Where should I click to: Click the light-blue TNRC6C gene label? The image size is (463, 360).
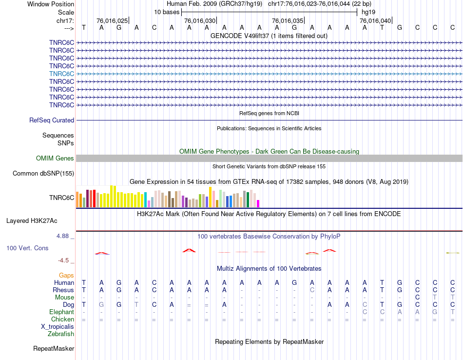tap(61, 74)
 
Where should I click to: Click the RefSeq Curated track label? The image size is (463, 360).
tap(52, 120)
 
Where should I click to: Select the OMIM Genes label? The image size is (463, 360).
tap(55, 158)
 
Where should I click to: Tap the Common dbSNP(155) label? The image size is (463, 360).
tap(43, 173)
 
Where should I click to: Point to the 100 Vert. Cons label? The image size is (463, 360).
tap(27, 248)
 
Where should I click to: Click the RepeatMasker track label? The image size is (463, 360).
tap(54, 349)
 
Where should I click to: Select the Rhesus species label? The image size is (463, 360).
tap(63, 290)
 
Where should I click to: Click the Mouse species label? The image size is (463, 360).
tap(64, 297)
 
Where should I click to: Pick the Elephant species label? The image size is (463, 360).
tap(61, 312)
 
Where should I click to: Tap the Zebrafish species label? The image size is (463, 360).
tap(61, 334)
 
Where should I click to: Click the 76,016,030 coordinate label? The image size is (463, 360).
tap(200, 21)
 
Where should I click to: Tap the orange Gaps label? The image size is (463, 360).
tap(66, 275)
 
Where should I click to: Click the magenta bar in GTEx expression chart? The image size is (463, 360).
tap(258, 203)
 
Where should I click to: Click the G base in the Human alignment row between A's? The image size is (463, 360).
tap(294, 282)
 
